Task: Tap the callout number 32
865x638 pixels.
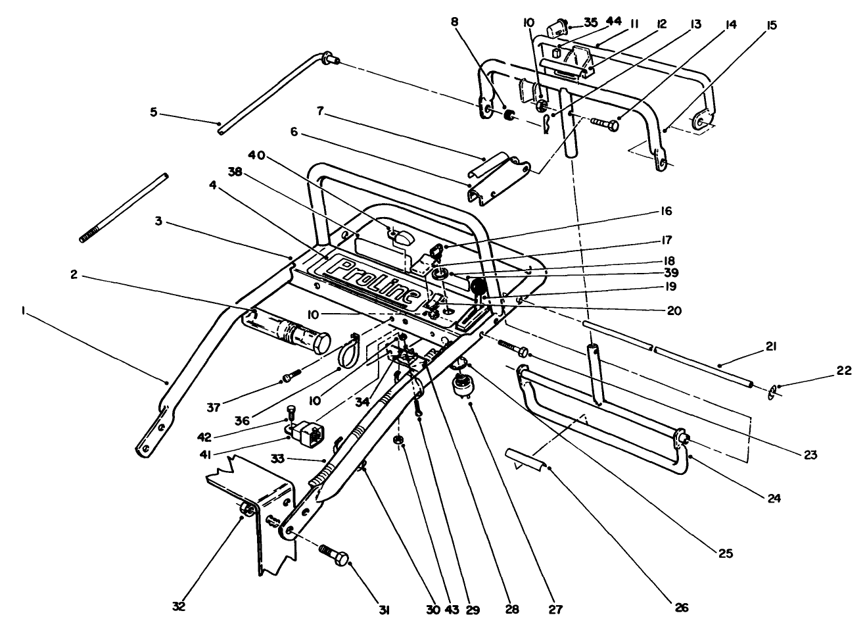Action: coord(179,606)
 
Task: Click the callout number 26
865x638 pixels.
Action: coord(681,608)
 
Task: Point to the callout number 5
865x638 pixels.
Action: coord(154,112)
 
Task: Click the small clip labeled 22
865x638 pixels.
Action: coord(773,393)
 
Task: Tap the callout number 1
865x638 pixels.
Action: coord(24,314)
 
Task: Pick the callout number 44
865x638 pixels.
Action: coord(614,22)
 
